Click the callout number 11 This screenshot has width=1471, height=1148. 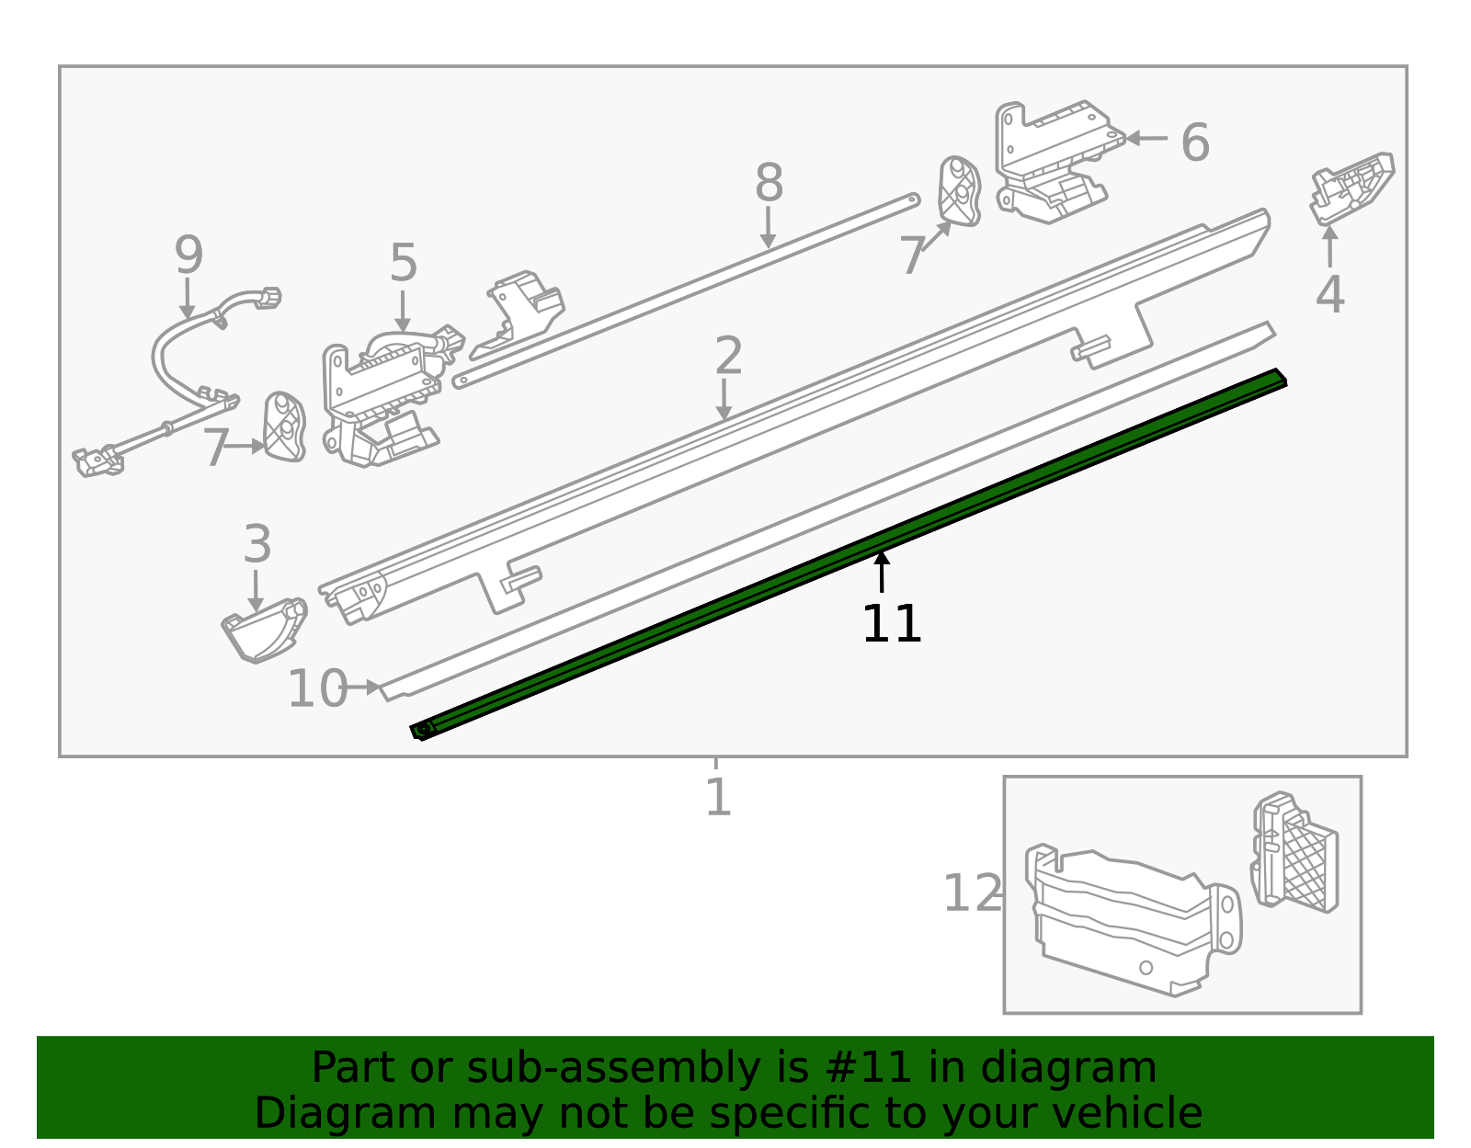(x=891, y=625)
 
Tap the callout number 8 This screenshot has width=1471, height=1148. (x=769, y=183)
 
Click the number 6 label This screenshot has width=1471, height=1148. (x=1194, y=142)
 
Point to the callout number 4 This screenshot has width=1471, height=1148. (x=1329, y=295)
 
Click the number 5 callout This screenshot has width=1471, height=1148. (x=404, y=264)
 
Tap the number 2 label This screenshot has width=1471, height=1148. (x=728, y=356)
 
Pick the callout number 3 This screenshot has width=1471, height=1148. (x=257, y=544)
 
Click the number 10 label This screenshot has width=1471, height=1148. (x=317, y=688)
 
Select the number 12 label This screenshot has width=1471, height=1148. (x=972, y=893)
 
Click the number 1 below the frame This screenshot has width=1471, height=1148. (x=717, y=797)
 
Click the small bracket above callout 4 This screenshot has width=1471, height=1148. (x=1351, y=188)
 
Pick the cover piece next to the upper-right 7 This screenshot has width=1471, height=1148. (x=959, y=190)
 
